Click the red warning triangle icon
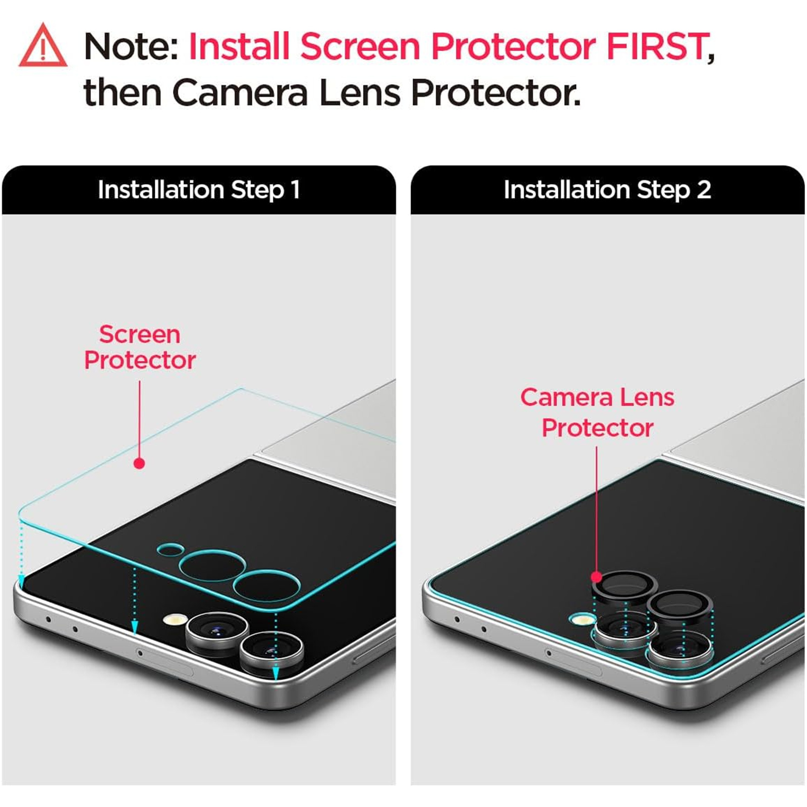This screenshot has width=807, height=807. (43, 46)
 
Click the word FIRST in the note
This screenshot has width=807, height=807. (657, 46)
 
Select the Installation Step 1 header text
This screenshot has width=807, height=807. (199, 190)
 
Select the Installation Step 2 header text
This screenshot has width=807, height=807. (607, 190)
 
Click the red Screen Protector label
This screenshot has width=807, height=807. (140, 347)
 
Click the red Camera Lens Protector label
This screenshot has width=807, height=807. (597, 412)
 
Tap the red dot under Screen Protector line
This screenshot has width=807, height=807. (139, 463)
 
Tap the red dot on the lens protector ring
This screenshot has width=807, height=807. (596, 577)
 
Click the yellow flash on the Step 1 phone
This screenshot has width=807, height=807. (175, 619)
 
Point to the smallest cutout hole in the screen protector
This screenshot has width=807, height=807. (170, 550)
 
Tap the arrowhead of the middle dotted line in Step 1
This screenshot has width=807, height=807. (135, 627)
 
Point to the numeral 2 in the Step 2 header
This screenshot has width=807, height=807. (704, 190)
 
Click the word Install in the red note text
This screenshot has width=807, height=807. (239, 46)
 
